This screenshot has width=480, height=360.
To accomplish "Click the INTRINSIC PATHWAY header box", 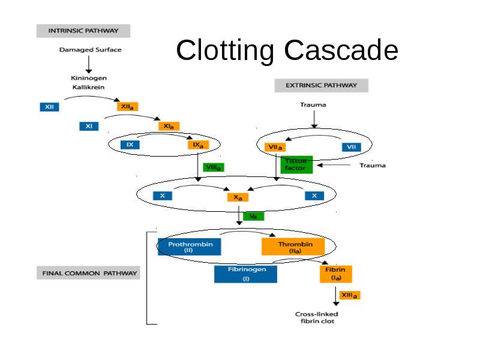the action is click(x=83, y=31).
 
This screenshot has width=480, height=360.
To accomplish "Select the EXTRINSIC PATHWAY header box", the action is click(x=322, y=85).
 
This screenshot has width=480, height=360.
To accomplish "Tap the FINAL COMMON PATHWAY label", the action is click(x=88, y=273).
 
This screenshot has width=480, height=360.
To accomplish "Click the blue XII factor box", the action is click(x=49, y=107).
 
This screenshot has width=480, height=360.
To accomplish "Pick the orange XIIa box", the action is click(x=127, y=107).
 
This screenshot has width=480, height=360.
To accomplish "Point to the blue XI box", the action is click(x=89, y=126).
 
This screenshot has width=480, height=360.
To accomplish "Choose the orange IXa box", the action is click(x=199, y=145).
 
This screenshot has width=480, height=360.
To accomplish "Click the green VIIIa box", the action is click(x=214, y=167).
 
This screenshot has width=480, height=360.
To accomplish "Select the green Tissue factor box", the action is click(x=296, y=164).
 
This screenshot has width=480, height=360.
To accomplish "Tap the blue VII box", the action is click(x=352, y=147).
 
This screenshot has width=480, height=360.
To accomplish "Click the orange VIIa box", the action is click(x=275, y=147).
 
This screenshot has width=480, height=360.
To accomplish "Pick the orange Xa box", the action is click(x=238, y=197).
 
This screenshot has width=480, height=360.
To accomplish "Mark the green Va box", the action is click(x=253, y=217).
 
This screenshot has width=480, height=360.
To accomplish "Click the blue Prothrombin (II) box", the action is click(x=190, y=247).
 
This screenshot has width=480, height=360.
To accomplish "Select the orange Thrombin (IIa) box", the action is click(x=293, y=247).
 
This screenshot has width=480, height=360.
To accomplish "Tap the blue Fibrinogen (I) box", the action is click(x=245, y=274).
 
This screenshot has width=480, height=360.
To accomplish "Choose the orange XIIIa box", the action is click(x=350, y=295).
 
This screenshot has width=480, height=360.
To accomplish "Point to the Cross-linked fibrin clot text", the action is click(x=317, y=317).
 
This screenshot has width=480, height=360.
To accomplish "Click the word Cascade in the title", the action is click(x=341, y=50).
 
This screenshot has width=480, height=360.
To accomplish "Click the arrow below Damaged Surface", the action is click(x=89, y=64).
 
